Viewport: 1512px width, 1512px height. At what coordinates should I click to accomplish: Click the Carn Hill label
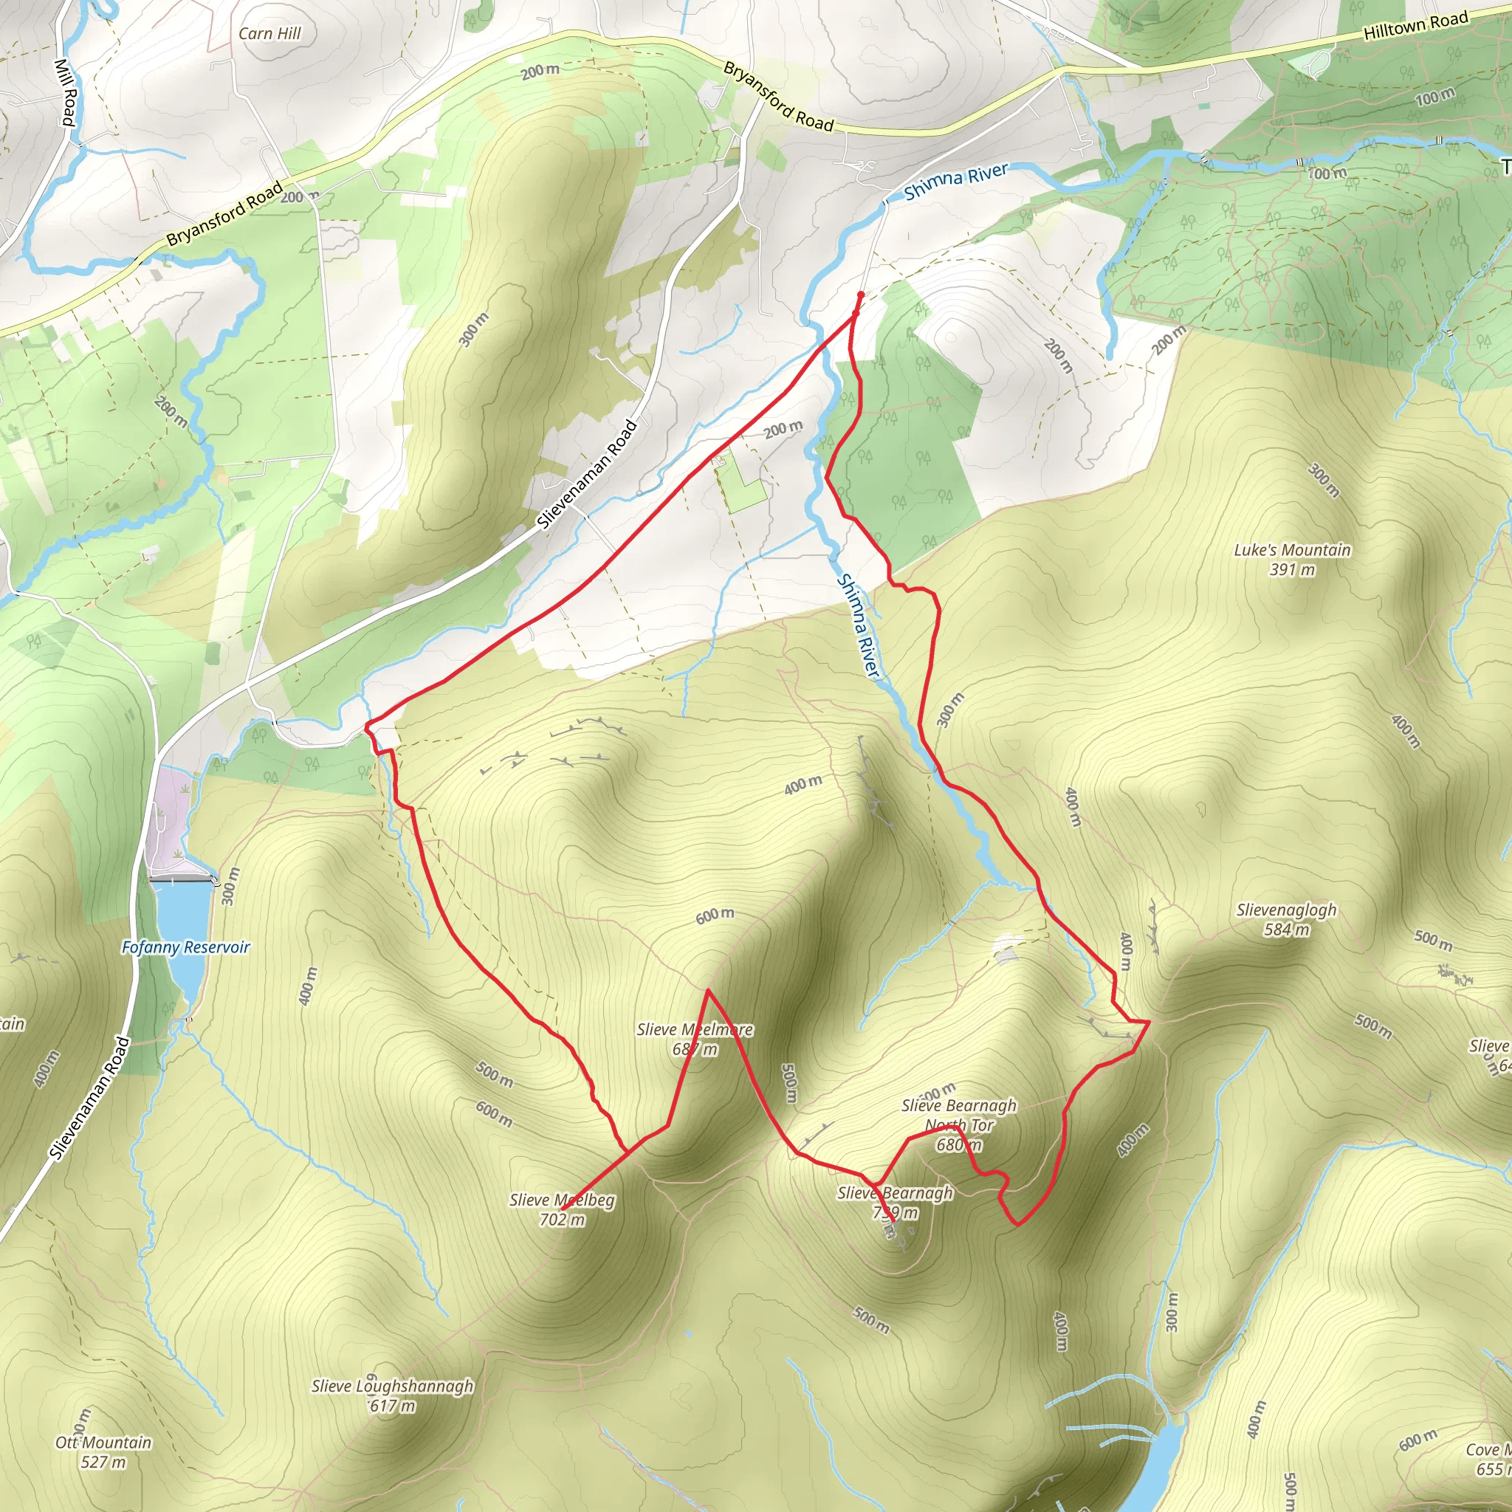269,34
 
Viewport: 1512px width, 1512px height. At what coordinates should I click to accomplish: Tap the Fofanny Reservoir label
185,947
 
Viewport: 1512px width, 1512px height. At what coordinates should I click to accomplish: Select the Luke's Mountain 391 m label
1292,560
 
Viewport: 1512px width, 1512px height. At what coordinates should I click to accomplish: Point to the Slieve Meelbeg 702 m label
562,1209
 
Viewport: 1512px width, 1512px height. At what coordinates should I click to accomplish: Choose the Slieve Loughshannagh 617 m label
392,1395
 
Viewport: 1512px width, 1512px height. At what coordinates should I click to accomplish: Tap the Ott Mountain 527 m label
103,1451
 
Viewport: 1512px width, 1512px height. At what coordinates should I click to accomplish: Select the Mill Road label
66,92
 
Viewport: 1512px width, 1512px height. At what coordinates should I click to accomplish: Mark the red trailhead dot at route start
860,295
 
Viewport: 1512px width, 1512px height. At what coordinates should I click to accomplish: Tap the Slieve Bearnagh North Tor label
959,1124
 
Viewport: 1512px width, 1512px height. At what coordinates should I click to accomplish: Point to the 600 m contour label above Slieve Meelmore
715,915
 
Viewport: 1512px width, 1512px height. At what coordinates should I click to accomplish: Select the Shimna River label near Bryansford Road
955,181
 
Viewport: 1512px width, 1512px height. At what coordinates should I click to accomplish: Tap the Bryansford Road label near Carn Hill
778,96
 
